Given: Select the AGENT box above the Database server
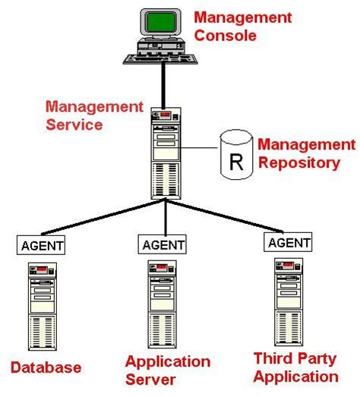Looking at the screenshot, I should [x=42, y=245].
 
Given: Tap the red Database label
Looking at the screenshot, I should [x=46, y=368].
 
